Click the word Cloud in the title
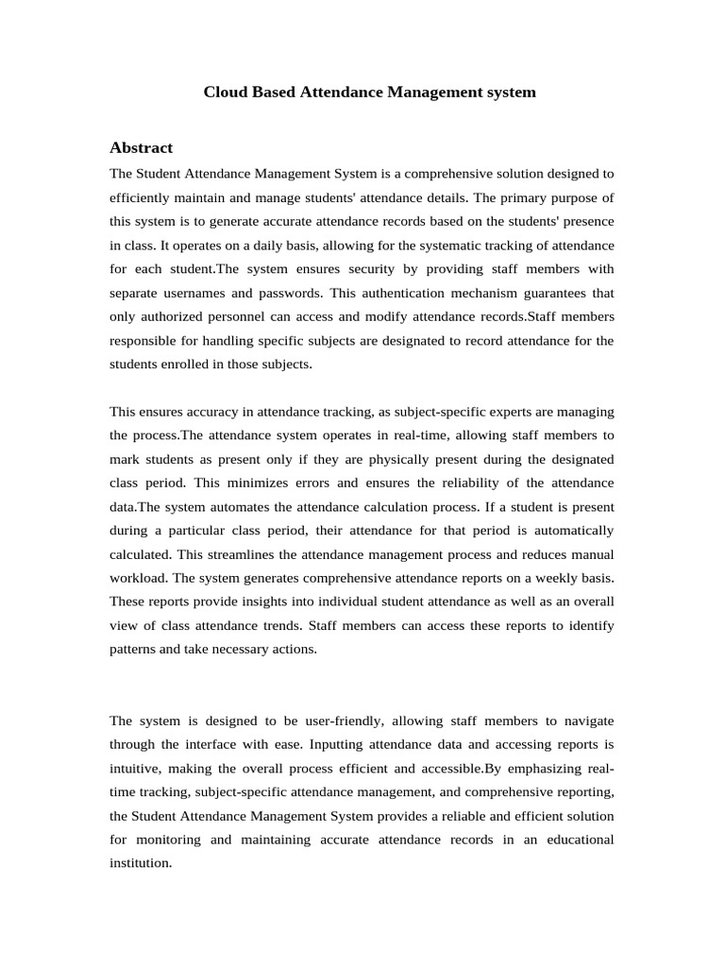224,93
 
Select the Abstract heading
141,147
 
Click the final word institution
140,862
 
